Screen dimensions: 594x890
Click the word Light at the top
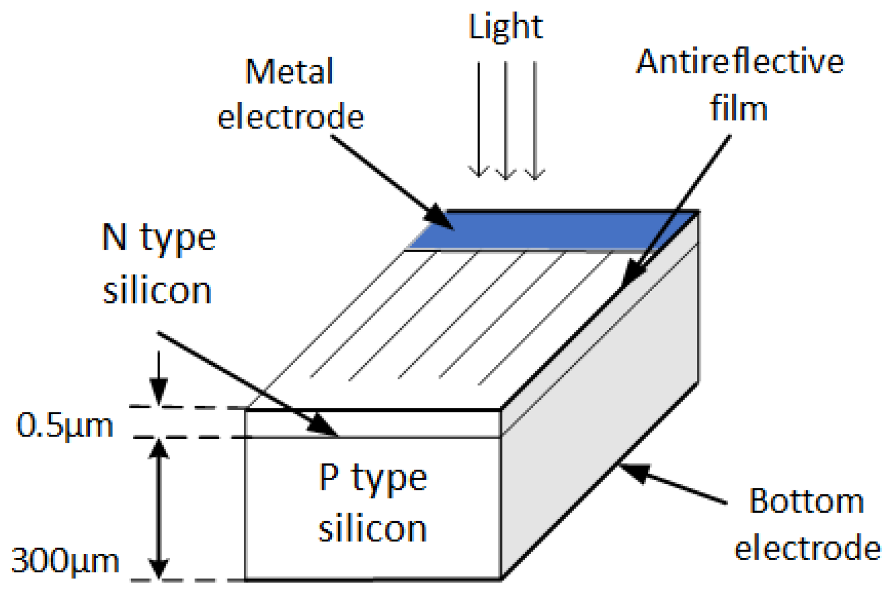tap(505, 27)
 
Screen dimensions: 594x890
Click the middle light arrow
tap(506, 120)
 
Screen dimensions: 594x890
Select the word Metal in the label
tap(289, 72)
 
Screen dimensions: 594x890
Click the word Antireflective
tap(739, 61)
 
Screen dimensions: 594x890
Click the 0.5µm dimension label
tap(65, 426)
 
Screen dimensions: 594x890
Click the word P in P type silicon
tap(329, 477)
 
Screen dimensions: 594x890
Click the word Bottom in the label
tap(806, 501)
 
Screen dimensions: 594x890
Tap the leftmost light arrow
tap(479, 120)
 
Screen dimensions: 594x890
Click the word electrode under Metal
tap(290, 117)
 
